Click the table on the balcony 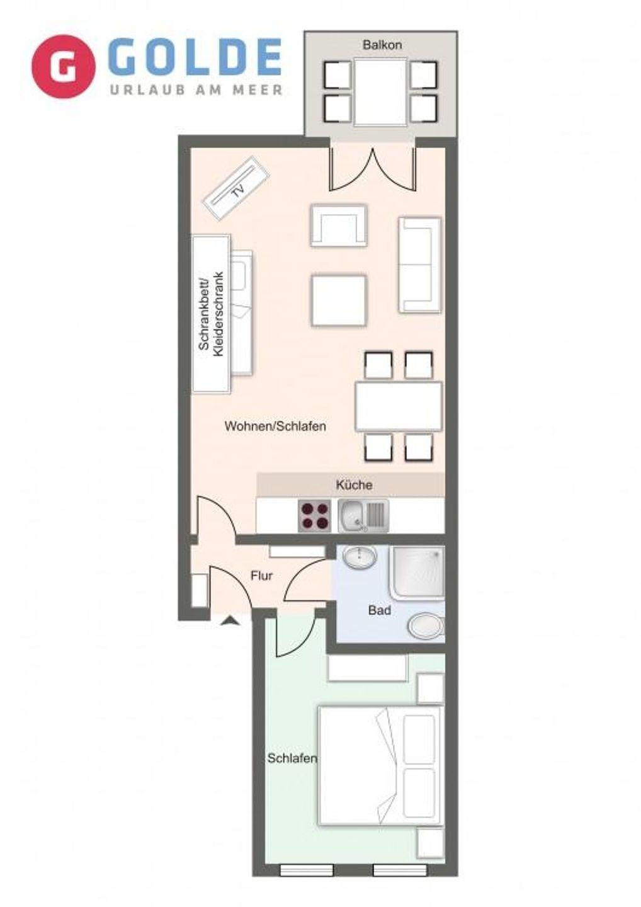(x=380, y=92)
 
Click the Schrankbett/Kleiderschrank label (x=211, y=314)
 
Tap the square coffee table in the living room (x=339, y=300)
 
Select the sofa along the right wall (x=419, y=265)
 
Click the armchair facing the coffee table (x=338, y=225)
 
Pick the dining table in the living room (x=398, y=406)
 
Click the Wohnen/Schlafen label (x=275, y=426)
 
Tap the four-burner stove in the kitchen (x=314, y=516)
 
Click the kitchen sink (x=363, y=515)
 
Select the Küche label (x=354, y=485)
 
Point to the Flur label (x=261, y=576)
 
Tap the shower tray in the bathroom (x=417, y=572)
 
